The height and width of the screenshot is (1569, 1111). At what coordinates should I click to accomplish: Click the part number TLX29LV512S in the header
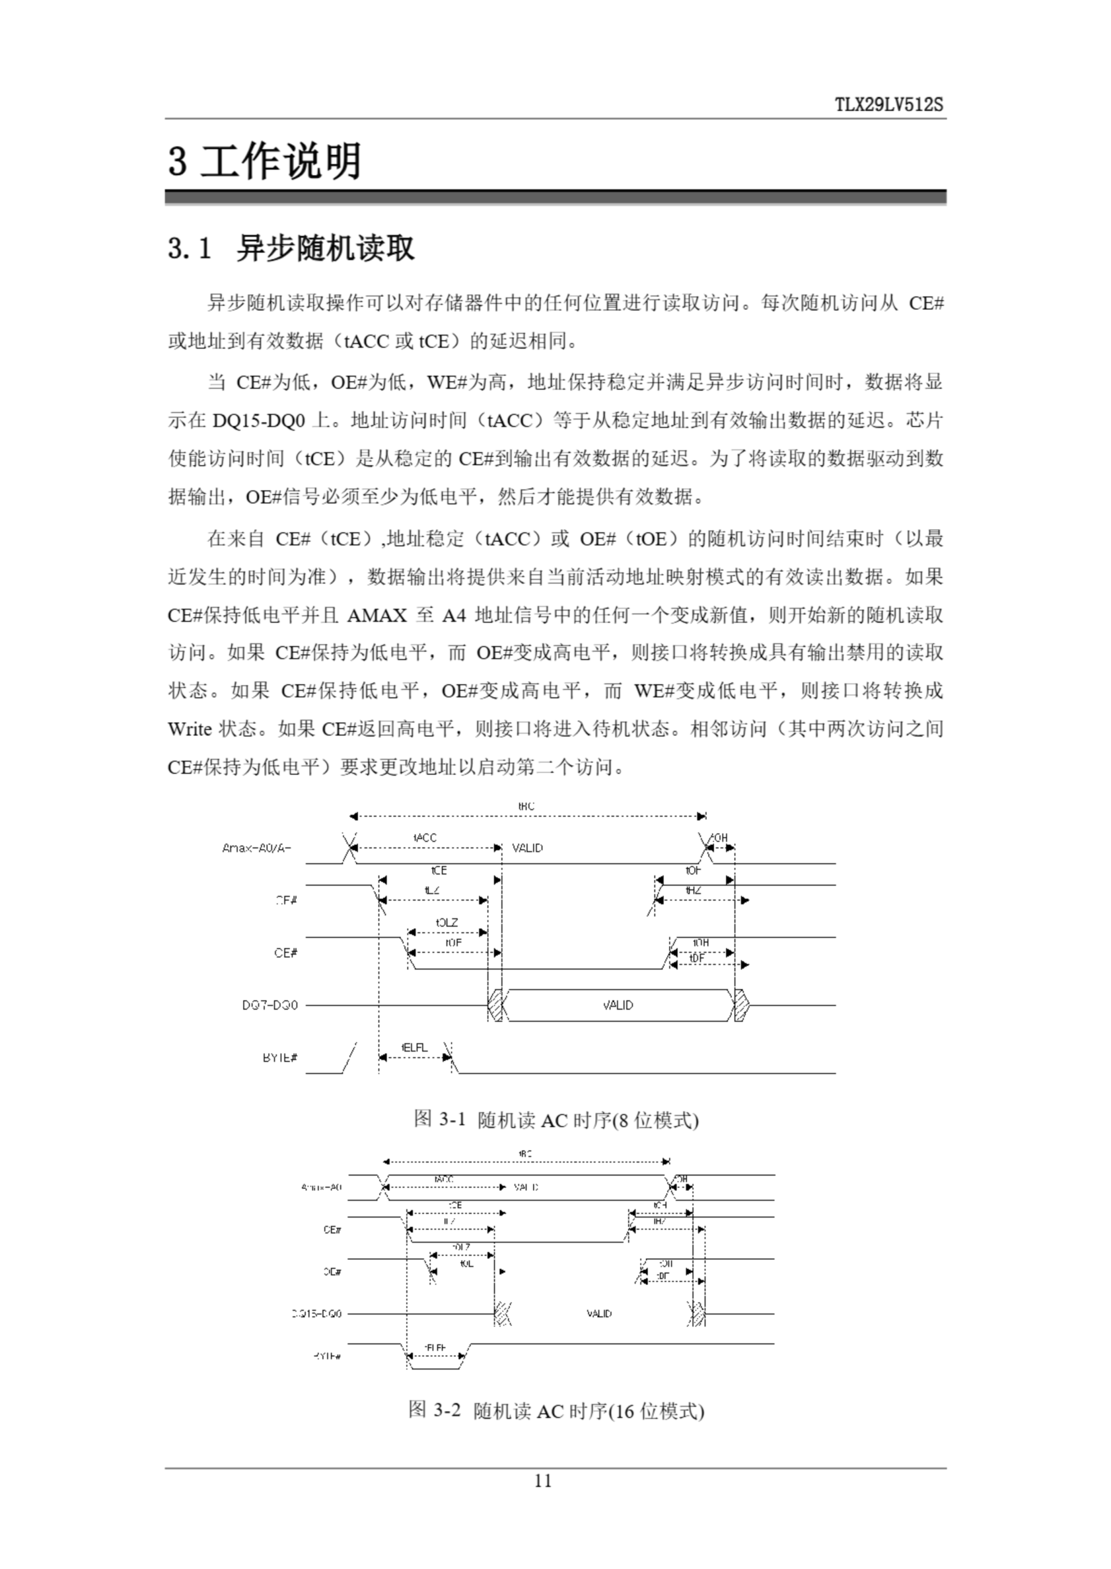pos(889,105)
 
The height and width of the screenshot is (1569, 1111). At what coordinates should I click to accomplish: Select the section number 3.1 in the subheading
pos(189,248)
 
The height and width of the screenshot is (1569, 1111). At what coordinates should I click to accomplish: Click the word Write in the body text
pos(189,729)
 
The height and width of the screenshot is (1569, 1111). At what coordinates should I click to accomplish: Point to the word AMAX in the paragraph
pos(377,616)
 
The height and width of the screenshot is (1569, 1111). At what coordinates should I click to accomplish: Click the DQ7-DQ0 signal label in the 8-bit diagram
pos(270,1005)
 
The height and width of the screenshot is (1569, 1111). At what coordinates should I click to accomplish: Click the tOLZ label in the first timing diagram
pos(447,922)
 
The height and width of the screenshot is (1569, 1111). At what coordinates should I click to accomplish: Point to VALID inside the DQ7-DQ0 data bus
pos(618,1005)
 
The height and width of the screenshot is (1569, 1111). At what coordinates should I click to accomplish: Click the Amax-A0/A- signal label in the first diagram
pos(257,848)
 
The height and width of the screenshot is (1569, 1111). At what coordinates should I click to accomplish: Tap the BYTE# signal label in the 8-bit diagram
pos(280,1058)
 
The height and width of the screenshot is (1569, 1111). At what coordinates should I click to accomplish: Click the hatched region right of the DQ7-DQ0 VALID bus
pos(740,1005)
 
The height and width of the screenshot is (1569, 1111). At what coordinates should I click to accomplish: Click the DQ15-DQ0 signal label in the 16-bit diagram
pos(316,1314)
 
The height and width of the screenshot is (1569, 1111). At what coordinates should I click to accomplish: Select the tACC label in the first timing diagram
pos(425,838)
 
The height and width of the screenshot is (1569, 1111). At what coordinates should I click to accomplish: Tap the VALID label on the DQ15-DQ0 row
pos(599,1314)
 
